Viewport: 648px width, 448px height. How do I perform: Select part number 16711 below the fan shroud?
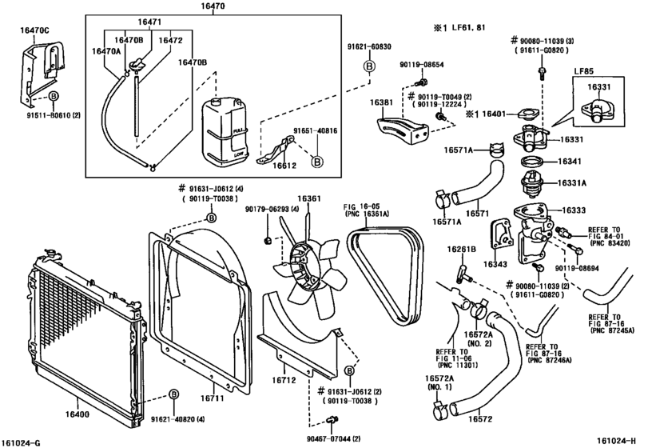point(211,398)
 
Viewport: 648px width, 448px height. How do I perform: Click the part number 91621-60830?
point(369,47)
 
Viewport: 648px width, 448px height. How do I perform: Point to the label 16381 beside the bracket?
point(380,103)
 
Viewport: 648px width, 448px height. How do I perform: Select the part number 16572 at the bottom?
point(479,418)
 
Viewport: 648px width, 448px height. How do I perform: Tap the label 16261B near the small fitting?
point(461,250)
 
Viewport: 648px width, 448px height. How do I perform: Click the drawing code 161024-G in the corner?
point(24,441)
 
